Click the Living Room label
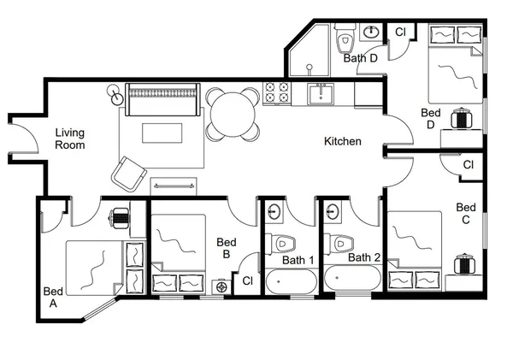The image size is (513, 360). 70,139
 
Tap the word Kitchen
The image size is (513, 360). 342,141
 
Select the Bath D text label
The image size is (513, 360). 361,59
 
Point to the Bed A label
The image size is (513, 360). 52,297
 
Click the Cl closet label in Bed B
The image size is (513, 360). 247,280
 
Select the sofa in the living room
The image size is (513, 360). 162,99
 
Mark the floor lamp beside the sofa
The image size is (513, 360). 115,94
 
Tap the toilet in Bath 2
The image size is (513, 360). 340,243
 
